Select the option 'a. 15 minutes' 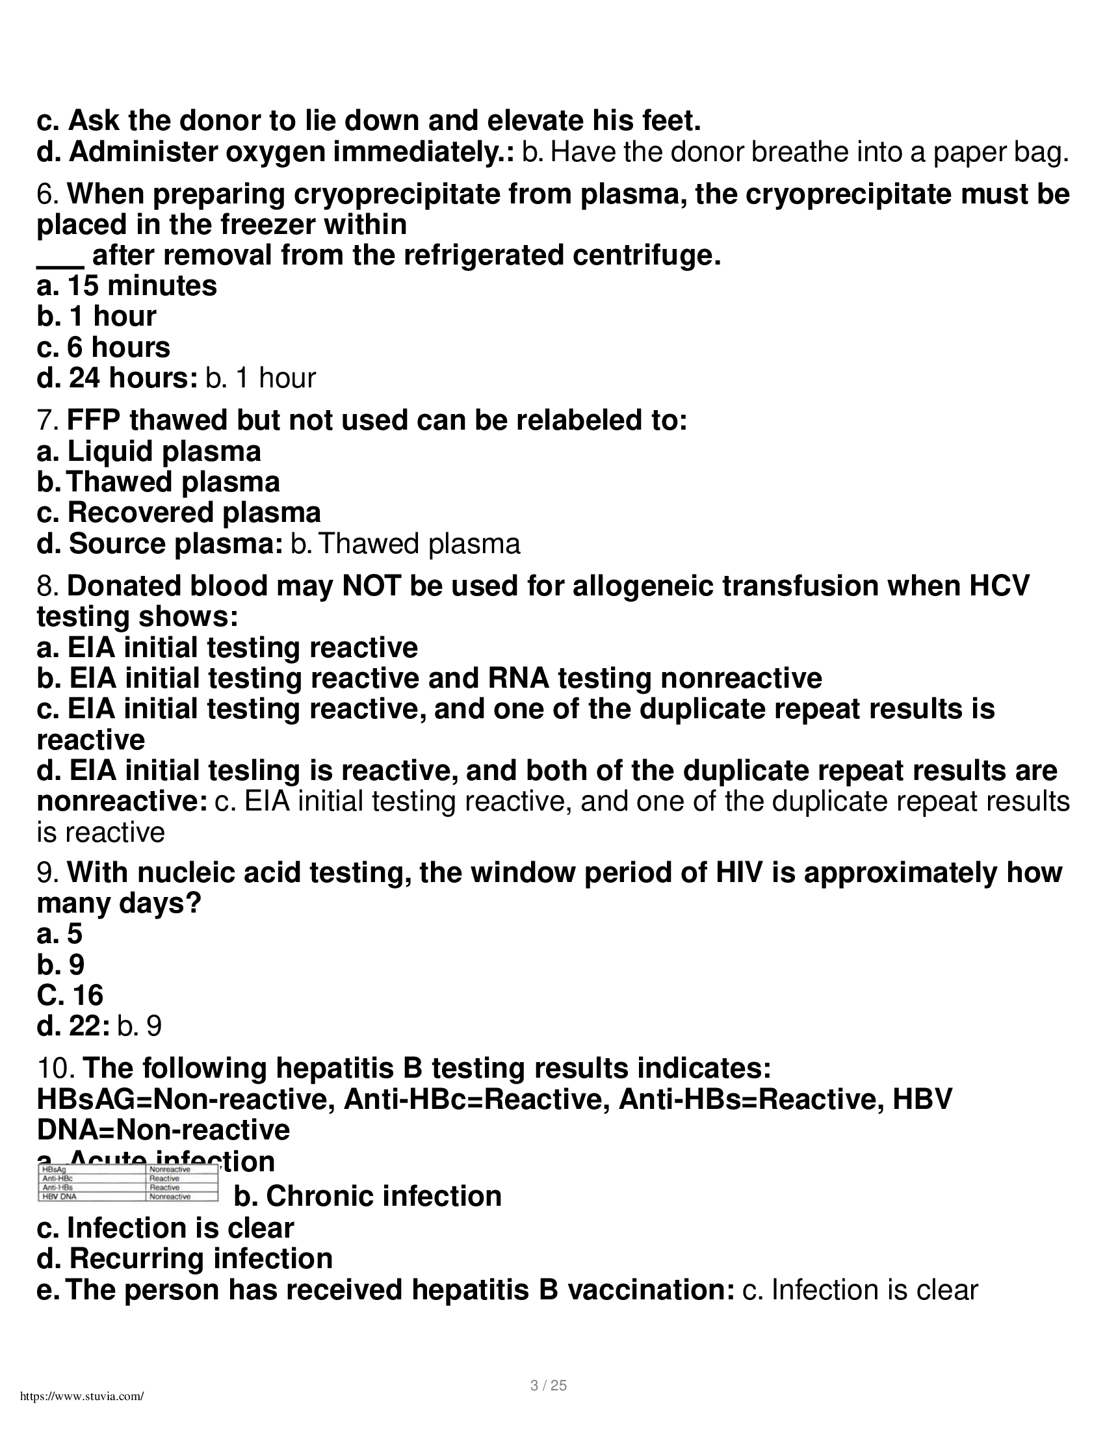tap(127, 286)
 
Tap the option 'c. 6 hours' tap(103, 348)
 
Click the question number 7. tap(49, 421)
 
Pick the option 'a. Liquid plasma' tap(149, 452)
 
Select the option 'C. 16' tap(70, 996)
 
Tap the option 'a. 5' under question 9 tap(60, 934)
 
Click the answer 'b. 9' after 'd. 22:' tap(140, 1026)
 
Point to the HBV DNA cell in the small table tap(60, 1197)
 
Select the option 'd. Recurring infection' tap(185, 1259)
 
